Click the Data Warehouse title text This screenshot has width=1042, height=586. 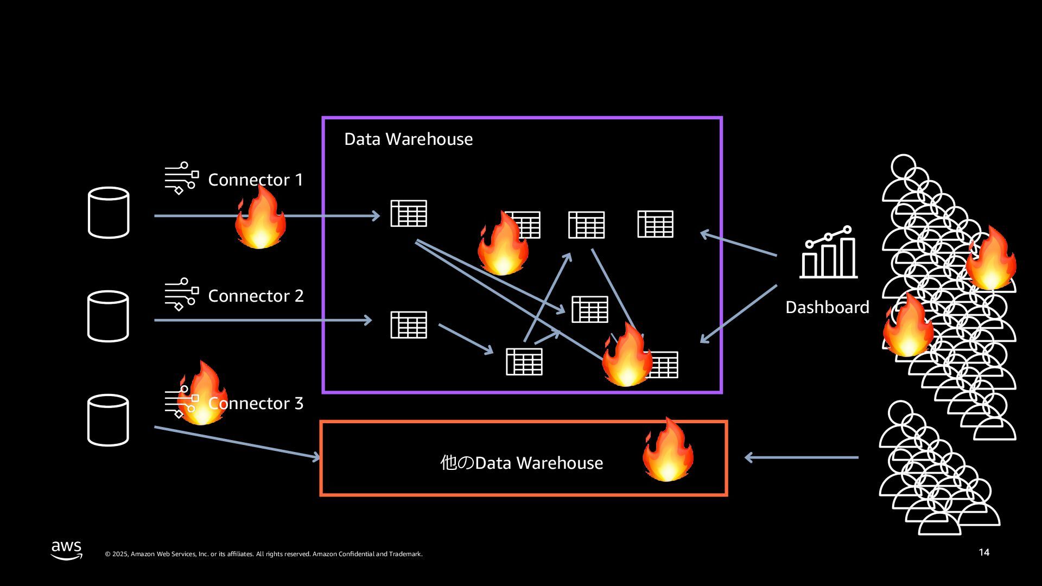pyautogui.click(x=408, y=139)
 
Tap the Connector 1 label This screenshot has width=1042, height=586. pyautogui.click(x=256, y=180)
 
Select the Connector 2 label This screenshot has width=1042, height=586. pyautogui.click(x=256, y=296)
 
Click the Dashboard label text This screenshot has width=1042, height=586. pyautogui.click(x=827, y=308)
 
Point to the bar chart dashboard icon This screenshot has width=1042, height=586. pyautogui.click(x=828, y=253)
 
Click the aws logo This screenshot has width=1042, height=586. pyautogui.click(x=67, y=550)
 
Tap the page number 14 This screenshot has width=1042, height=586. pyautogui.click(x=984, y=552)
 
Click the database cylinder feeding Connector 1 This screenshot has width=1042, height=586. pyautogui.click(x=109, y=213)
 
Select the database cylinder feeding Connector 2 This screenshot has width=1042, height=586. pyautogui.click(x=108, y=316)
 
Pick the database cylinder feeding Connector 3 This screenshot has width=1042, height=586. pyautogui.click(x=108, y=421)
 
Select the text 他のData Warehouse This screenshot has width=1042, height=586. pyautogui.click(x=522, y=463)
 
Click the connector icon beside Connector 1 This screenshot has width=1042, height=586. pyautogui.click(x=181, y=178)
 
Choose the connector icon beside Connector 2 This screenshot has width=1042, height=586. pyautogui.click(x=181, y=294)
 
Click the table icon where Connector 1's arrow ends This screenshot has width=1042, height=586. pyautogui.click(x=409, y=213)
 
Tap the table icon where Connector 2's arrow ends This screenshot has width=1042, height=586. pyautogui.click(x=409, y=324)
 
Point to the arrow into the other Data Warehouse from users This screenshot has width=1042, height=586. pyautogui.click(x=801, y=458)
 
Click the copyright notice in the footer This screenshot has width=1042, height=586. pyautogui.click(x=263, y=554)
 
